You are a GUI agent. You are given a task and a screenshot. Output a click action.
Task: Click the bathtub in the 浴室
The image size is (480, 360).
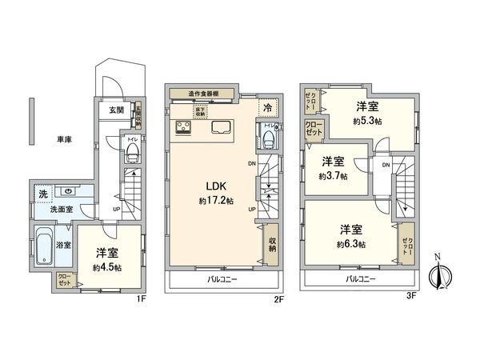pyautogui.click(x=44, y=248)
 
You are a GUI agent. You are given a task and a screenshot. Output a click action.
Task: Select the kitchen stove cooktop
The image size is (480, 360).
pyautogui.click(x=182, y=128)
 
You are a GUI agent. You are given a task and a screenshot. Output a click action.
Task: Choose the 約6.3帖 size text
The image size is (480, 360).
pyautogui.click(x=351, y=242)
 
